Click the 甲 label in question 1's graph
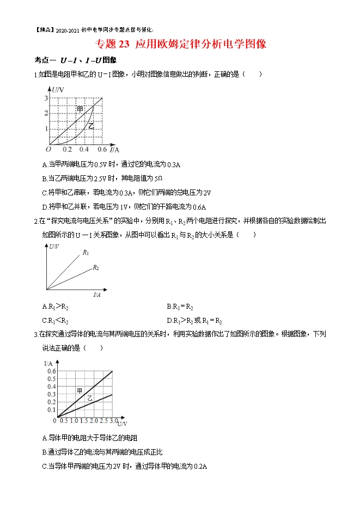pyautogui.click(x=80, y=109)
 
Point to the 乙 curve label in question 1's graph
pyautogui.click(x=91, y=126)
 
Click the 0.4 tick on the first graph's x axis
pyautogui.click(x=84, y=149)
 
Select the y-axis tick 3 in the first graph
pyautogui.click(x=46, y=98)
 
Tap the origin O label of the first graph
pyautogui.click(x=48, y=149)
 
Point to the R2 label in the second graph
pyautogui.click(x=95, y=267)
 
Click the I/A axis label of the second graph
pyautogui.click(x=97, y=295)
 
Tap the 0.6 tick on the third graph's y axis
pyautogui.click(x=51, y=371)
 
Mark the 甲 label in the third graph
pyautogui.click(x=80, y=390)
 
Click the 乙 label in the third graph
pyautogui.click(x=90, y=399)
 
